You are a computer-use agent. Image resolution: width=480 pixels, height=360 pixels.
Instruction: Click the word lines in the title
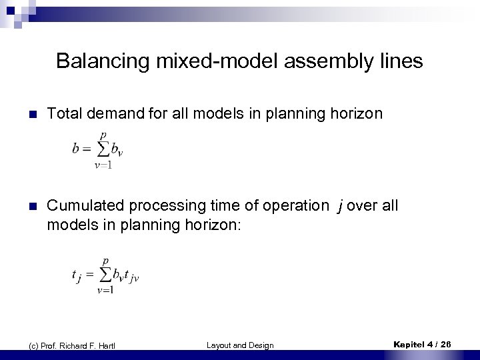(400, 61)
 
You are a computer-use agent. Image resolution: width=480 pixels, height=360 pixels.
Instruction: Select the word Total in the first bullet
(65, 114)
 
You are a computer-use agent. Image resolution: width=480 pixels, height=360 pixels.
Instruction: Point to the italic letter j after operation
(341, 207)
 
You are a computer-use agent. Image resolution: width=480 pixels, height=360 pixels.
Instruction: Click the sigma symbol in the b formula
(103, 149)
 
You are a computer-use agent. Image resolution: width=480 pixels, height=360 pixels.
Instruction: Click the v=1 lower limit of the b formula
(103, 165)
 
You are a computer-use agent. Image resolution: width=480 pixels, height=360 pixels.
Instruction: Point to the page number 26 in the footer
(445, 344)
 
